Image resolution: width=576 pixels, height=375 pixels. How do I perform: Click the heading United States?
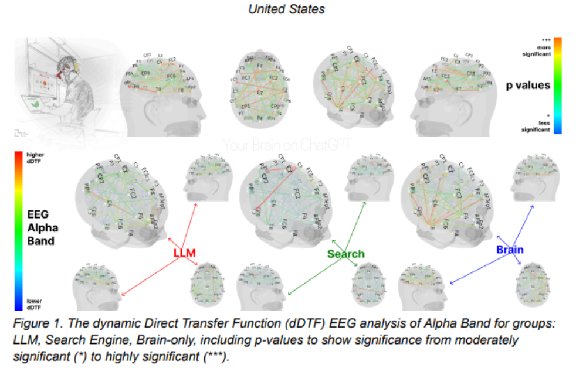pos(287,9)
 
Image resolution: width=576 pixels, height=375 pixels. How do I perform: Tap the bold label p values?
pos(527,86)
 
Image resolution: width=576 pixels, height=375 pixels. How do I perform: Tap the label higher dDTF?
pos(35,158)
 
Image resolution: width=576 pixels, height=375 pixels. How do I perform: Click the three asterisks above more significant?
pos(545,39)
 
